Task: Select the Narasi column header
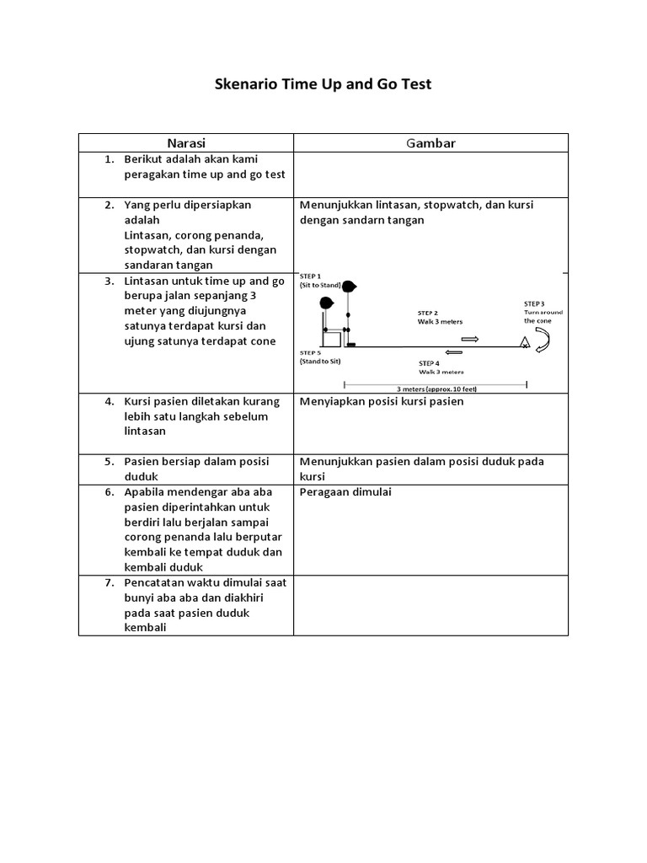[x=186, y=143]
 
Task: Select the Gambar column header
[x=430, y=143]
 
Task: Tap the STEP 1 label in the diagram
[x=311, y=276]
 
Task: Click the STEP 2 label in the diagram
[x=428, y=312]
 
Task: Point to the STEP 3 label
[x=534, y=303]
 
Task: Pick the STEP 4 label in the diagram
[x=430, y=362]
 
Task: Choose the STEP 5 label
[x=311, y=352]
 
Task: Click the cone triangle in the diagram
[x=524, y=341]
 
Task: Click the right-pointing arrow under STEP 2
[x=470, y=339]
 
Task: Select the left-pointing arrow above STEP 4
[x=454, y=351]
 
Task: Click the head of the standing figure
[x=349, y=287]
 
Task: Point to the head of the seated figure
[x=327, y=303]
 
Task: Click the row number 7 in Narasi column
[x=110, y=583]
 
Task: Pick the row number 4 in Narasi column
[x=110, y=401]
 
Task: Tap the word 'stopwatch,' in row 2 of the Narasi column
[x=152, y=250]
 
